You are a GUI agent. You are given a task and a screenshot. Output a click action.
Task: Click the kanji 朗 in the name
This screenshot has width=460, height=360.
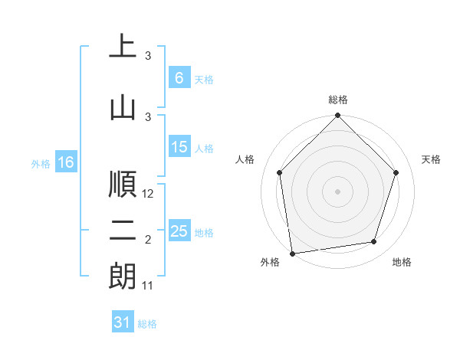point(123,277)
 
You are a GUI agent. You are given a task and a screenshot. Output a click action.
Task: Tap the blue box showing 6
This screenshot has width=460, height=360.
point(179,77)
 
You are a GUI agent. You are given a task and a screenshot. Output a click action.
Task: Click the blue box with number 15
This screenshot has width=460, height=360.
point(179,148)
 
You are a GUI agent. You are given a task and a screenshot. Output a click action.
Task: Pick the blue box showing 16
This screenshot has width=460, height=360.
point(66,162)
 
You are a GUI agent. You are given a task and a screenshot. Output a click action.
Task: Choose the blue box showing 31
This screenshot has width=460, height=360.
point(123,322)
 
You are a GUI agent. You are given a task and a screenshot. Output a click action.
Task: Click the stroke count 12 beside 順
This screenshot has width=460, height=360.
point(149,195)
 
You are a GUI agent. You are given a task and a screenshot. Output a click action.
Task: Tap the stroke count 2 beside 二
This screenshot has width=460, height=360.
point(148,241)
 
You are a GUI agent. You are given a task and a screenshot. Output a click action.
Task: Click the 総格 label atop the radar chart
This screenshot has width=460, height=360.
point(338,100)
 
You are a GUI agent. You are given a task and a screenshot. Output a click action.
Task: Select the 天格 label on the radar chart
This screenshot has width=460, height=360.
point(431,159)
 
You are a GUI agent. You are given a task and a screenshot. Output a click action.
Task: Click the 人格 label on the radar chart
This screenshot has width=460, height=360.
point(245,159)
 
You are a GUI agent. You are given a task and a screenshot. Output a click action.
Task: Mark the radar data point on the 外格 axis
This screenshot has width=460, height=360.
point(292,253)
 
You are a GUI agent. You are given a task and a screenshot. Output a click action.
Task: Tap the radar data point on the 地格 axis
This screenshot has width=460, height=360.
point(374,242)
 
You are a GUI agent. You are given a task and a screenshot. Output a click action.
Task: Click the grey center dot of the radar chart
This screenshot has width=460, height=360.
point(338,191)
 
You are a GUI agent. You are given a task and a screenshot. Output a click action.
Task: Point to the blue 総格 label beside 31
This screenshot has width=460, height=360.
point(147,324)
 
